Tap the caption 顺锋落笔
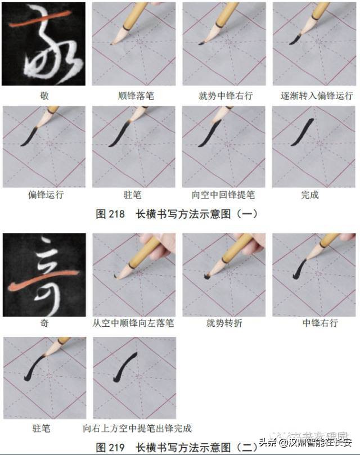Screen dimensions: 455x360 [133, 96]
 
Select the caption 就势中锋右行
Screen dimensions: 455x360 [223, 96]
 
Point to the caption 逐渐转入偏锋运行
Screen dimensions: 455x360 [313, 96]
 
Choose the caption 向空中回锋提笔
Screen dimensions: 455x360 [223, 195]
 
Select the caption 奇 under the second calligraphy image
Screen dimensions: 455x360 [44, 323]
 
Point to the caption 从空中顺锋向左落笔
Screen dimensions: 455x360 [133, 323]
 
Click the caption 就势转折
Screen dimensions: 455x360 [223, 323]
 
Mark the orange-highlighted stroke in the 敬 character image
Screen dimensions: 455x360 [39, 25]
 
